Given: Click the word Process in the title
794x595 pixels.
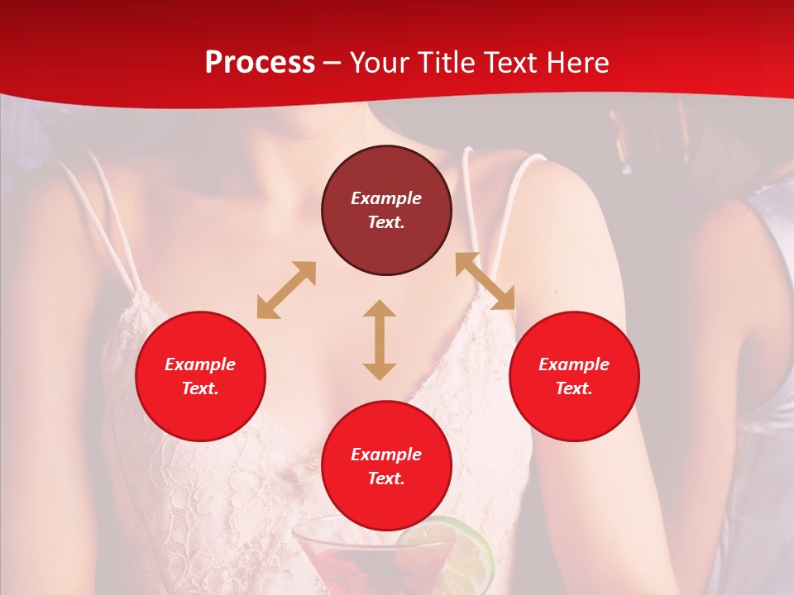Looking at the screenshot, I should (x=260, y=63).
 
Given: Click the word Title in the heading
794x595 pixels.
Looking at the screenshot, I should (x=444, y=63).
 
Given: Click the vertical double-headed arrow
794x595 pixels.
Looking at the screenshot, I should (x=380, y=340).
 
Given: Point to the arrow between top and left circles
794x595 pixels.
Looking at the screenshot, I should (x=286, y=290).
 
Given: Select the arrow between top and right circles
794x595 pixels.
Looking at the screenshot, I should (x=485, y=281).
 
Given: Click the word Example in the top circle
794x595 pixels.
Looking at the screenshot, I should (x=386, y=198).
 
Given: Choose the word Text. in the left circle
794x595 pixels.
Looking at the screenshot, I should (x=200, y=388).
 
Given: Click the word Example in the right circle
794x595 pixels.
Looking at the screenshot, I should (x=574, y=364).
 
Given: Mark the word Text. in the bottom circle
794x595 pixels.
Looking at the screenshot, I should (x=386, y=478).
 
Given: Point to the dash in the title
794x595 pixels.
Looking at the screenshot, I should (x=332, y=63).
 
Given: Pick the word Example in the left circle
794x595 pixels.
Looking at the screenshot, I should (x=200, y=364).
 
